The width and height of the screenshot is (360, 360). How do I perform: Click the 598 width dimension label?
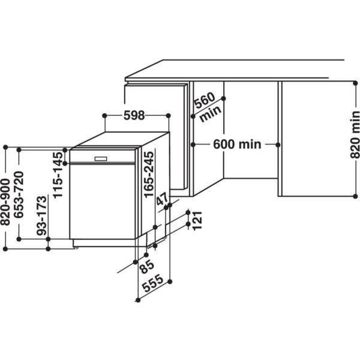coord(134,116)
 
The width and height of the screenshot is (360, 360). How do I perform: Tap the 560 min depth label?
coord(208,107)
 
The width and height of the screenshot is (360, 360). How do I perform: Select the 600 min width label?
coord(236,145)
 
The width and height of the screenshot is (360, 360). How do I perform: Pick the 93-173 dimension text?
coord(41,215)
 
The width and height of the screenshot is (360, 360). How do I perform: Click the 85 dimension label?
coord(146,266)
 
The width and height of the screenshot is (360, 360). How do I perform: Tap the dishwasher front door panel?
coord(101,201)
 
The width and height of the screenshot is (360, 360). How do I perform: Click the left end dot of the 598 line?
coord(105,115)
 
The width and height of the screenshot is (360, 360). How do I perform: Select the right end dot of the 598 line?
coord(169,115)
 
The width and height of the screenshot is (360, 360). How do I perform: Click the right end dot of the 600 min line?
coord(278,145)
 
